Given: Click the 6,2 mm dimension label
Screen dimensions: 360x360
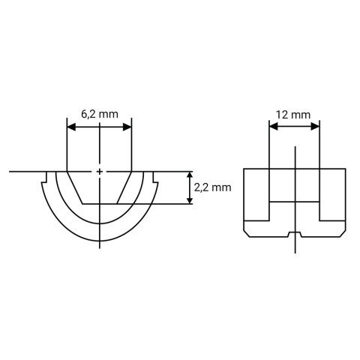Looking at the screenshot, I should pyautogui.click(x=98, y=113).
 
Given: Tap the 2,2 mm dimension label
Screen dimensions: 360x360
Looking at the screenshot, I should pyautogui.click(x=211, y=187).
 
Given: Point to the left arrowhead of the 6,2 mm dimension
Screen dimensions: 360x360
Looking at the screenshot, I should pyautogui.click(x=71, y=127).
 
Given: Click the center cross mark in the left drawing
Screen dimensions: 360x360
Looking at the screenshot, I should pyautogui.click(x=100, y=172).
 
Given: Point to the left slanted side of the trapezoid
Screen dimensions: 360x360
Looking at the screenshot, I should pyautogui.click(x=75, y=187).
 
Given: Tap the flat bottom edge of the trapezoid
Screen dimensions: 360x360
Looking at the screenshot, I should pyautogui.click(x=100, y=203).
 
